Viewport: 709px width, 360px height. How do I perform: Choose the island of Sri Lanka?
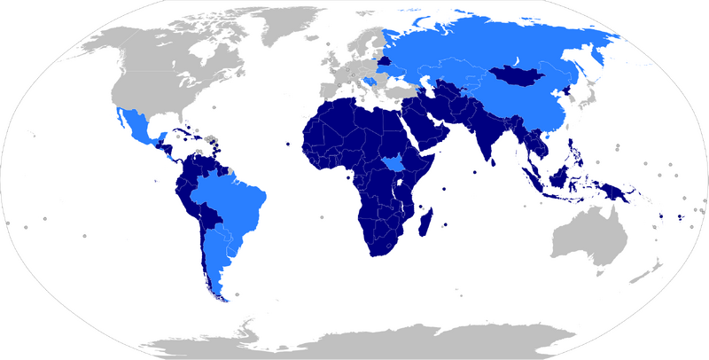point(491,162)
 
